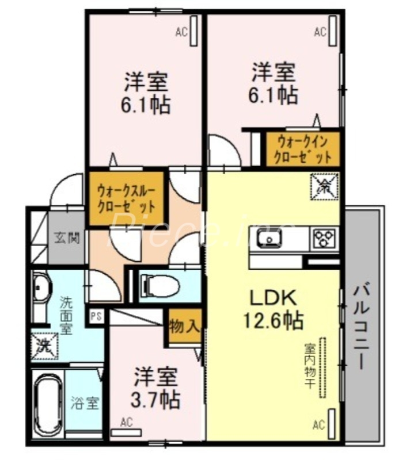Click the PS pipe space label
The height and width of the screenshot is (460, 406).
(96, 315)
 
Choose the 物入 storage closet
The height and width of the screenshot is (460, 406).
(184, 328)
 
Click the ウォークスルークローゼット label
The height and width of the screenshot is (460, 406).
(126, 198)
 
